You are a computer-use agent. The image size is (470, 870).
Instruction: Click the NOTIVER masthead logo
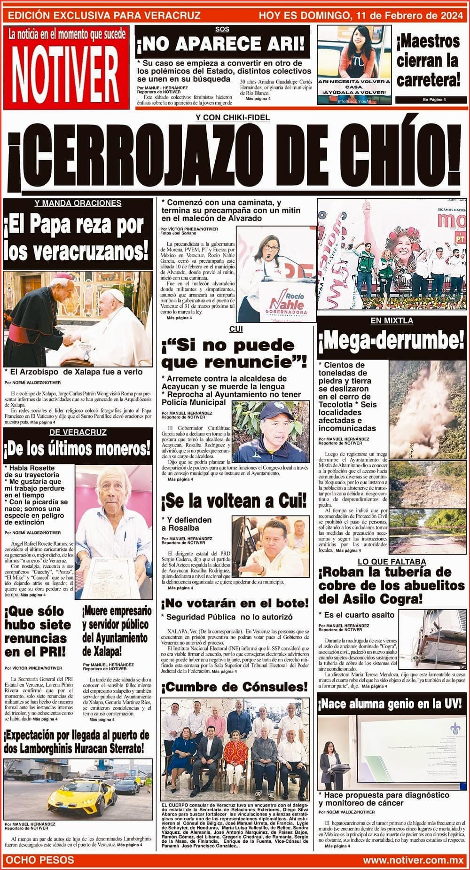click(x=66, y=73)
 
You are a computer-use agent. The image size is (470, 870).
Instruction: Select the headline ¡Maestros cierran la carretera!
click(x=428, y=61)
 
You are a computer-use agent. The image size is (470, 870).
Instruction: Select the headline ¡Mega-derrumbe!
click(x=392, y=340)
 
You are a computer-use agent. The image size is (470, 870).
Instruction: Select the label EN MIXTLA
click(x=392, y=321)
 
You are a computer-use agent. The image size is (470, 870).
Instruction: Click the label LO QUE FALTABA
click(x=392, y=562)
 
